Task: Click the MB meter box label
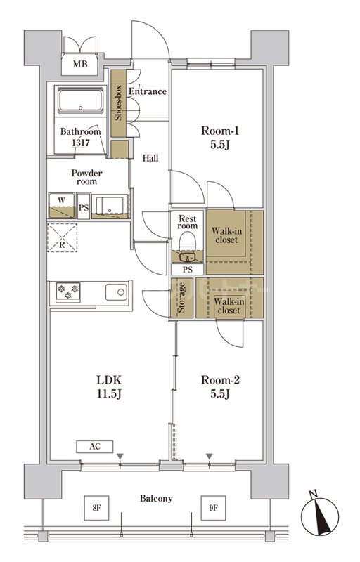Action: pos(80,64)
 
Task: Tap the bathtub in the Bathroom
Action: pos(80,100)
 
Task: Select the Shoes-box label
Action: pos(118,103)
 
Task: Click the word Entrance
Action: pos(148,92)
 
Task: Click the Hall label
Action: pos(150,157)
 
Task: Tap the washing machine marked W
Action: pos(62,206)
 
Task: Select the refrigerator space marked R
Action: pos(62,237)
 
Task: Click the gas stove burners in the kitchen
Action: pos(68,292)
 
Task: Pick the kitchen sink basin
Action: pos(116,292)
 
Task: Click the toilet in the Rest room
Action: pos(188,242)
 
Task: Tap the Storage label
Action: pos(181,297)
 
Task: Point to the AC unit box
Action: pos(95,447)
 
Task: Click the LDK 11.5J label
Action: pos(109,387)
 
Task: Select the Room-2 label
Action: pos(220,387)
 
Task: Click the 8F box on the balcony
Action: pos(96,508)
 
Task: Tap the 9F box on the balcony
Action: pos(213,508)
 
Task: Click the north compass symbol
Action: pos(320,515)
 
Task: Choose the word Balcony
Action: pos(156,499)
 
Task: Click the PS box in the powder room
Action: pos(84,206)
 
